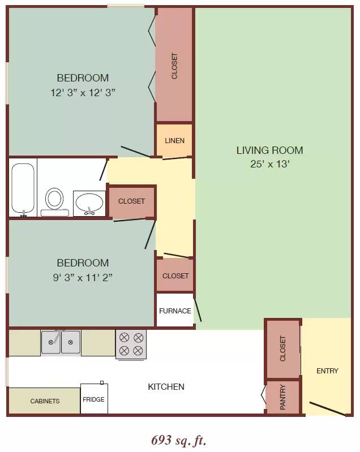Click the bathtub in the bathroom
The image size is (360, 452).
(23, 188)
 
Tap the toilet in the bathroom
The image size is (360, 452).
(54, 202)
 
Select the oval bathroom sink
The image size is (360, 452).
(89, 203)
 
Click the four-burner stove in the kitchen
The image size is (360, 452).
(131, 345)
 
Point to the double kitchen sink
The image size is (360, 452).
(61, 342)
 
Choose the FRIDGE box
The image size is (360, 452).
(94, 399)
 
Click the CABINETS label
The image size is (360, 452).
(45, 401)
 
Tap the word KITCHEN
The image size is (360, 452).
(166, 386)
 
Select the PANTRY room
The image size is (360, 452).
(282, 397)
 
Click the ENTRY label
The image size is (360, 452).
(327, 371)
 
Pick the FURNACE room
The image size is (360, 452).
(175, 310)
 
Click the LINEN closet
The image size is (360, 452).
(174, 140)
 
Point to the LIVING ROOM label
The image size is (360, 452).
(269, 150)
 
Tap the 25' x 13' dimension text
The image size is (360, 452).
(269, 163)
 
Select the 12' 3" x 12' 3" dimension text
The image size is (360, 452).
(83, 93)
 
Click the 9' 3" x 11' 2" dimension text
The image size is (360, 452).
(83, 277)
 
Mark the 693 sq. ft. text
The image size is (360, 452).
(179, 440)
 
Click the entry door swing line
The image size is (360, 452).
(328, 409)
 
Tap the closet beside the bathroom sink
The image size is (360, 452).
(131, 201)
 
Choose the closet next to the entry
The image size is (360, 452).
(282, 348)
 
